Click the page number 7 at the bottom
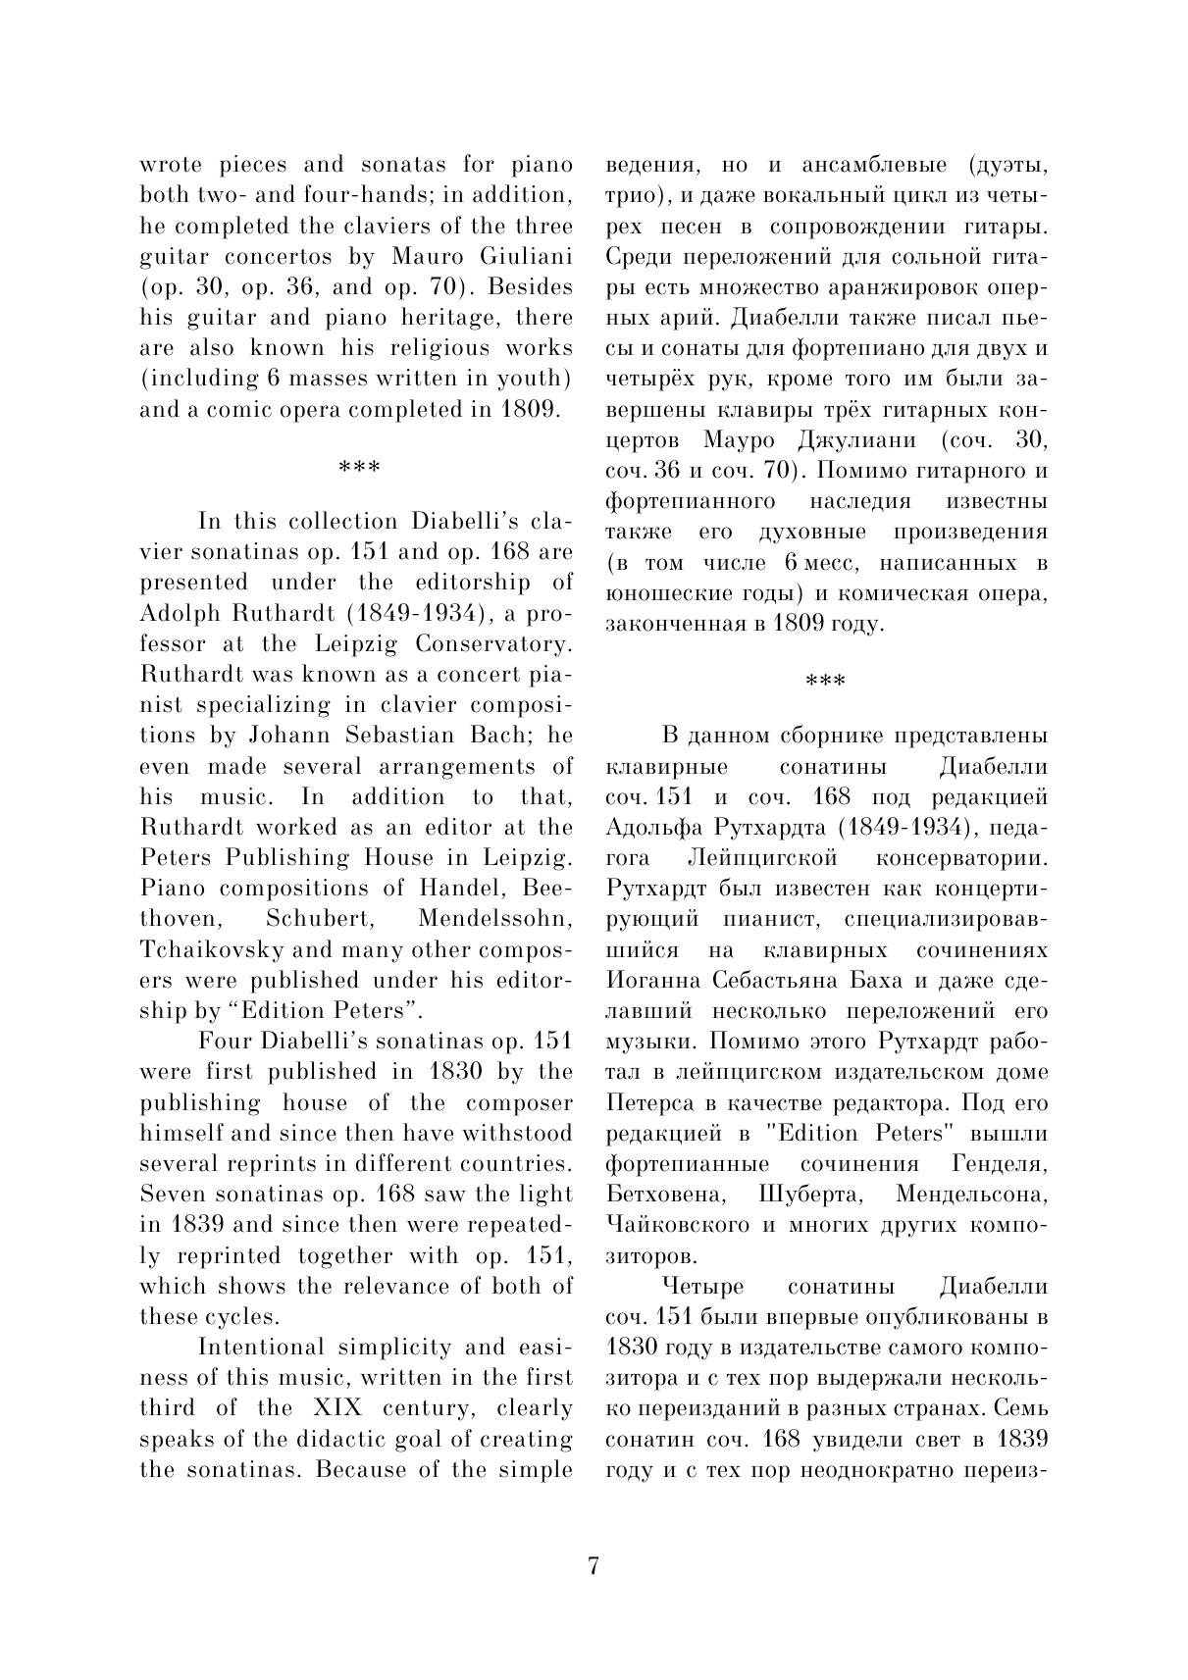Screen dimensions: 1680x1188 coord(593,1566)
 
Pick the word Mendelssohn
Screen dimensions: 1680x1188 coord(495,919)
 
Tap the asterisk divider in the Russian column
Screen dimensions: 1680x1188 coord(825,681)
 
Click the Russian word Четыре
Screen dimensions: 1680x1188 coord(703,1286)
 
